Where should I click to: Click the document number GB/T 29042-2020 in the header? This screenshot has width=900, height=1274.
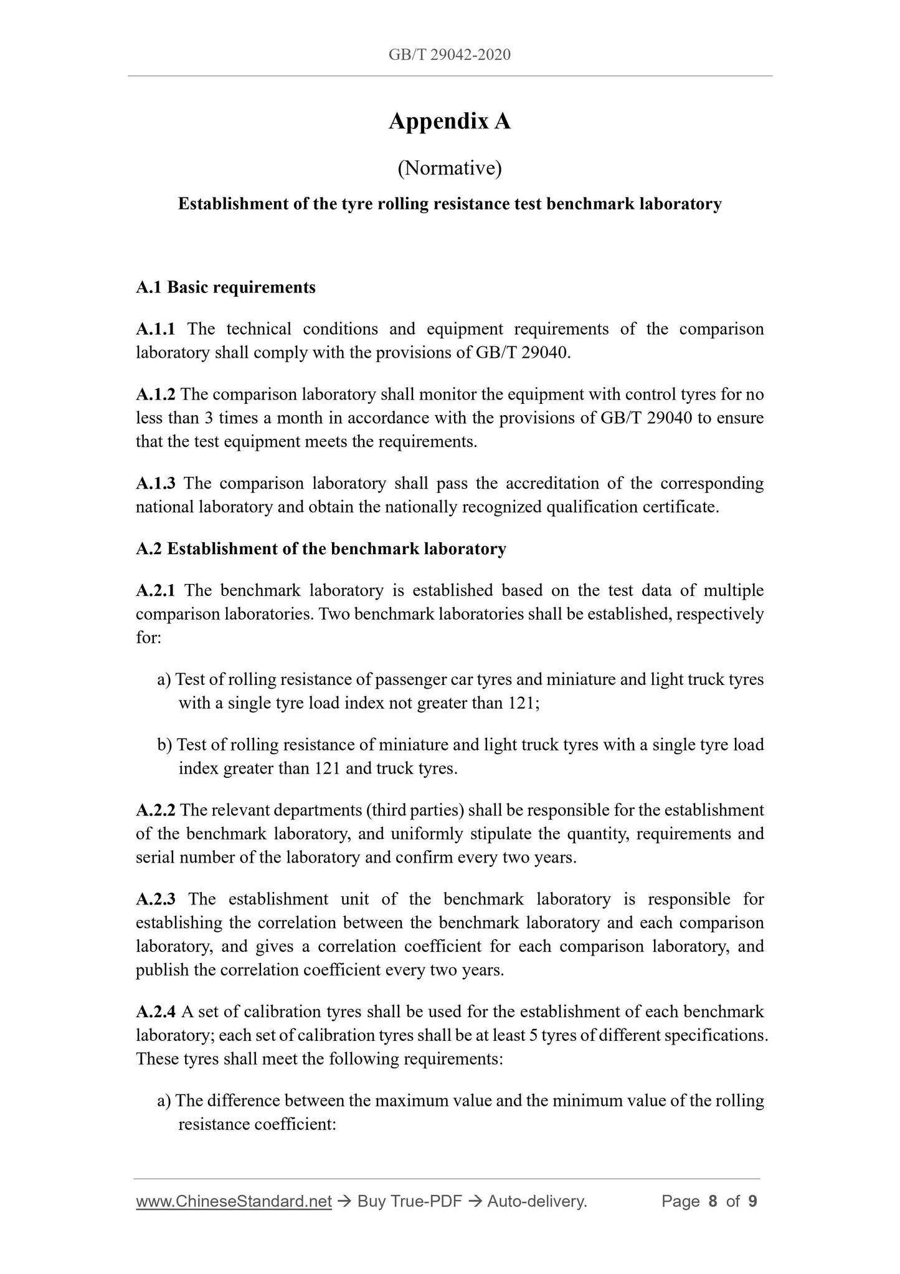click(449, 55)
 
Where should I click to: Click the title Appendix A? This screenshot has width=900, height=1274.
click(449, 121)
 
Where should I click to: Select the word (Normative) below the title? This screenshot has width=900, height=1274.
click(449, 168)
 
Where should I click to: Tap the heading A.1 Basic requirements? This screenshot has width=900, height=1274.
click(225, 287)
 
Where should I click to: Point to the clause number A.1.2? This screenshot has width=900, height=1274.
click(156, 394)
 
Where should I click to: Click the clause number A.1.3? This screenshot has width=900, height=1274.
click(156, 483)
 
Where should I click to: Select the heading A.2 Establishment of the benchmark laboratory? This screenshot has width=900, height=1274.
click(321, 548)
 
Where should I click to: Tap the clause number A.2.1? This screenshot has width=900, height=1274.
click(156, 590)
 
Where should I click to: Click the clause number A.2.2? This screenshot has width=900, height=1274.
click(156, 810)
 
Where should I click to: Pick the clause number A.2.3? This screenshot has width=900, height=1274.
click(156, 899)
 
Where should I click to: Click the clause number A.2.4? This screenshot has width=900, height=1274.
click(156, 1011)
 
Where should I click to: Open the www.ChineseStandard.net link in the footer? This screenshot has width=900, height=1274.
click(234, 1201)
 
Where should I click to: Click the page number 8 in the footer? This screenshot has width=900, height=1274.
click(713, 1201)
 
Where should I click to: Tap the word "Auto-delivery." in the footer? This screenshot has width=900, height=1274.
click(537, 1201)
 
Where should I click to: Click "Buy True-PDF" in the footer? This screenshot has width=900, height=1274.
click(409, 1201)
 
